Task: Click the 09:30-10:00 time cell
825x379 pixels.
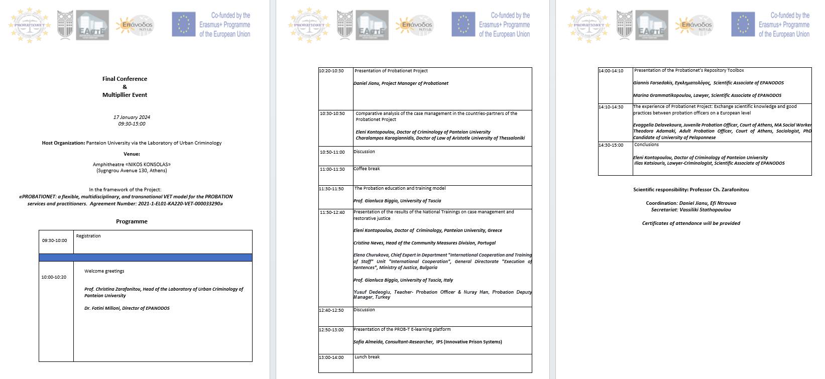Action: tap(54, 240)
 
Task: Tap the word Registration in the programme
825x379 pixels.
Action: tap(88, 236)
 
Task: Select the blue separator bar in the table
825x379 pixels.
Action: tap(146, 258)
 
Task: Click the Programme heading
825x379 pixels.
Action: tap(132, 221)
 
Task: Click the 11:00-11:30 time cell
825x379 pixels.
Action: tap(332, 169)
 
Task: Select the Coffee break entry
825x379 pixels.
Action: tap(367, 169)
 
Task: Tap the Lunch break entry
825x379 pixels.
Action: tap(367, 357)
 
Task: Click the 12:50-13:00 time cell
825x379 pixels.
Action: tap(331, 330)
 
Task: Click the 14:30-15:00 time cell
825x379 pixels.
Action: tap(611, 145)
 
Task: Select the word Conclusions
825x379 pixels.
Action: tap(646, 145)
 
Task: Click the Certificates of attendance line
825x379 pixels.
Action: tap(691, 223)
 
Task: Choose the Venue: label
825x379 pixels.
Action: tap(132, 154)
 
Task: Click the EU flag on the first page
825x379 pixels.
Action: tap(183, 25)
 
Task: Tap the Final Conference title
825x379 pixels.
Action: tap(125, 79)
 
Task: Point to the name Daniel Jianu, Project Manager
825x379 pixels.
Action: tap(401, 83)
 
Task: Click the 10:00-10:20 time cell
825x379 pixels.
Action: tap(54, 277)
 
